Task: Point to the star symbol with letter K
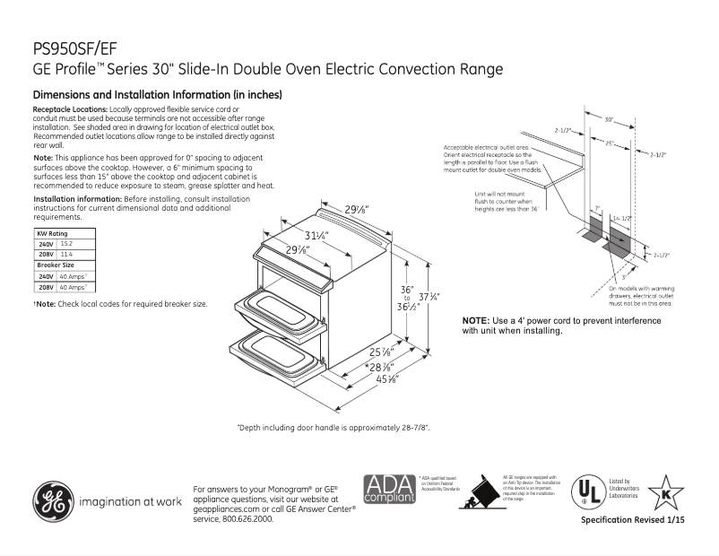click(x=665, y=492)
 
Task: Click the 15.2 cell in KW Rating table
click(x=66, y=243)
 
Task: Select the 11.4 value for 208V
click(x=66, y=255)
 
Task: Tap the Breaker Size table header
click(x=56, y=265)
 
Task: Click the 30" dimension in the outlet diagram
click(x=609, y=118)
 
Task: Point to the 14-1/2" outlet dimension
click(x=621, y=220)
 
